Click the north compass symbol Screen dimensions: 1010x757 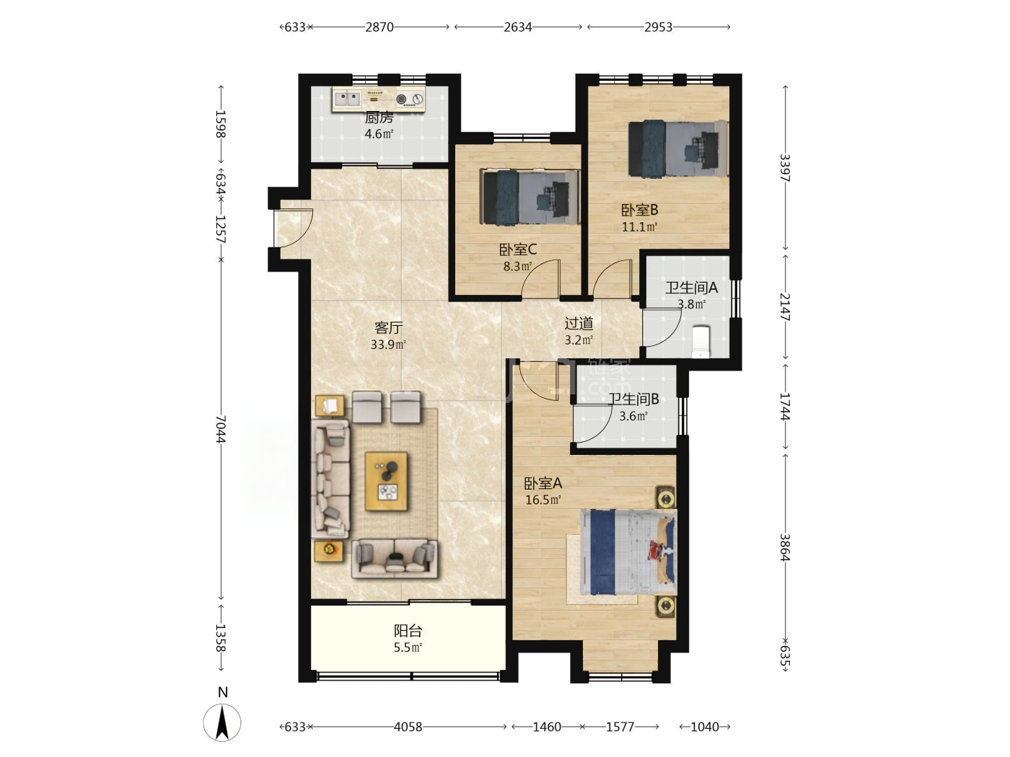pyautogui.click(x=222, y=722)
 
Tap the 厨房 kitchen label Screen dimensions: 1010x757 pyautogui.click(x=379, y=118)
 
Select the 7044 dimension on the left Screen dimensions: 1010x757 pyautogui.click(x=221, y=429)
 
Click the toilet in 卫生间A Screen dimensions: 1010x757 pyautogui.click(x=701, y=341)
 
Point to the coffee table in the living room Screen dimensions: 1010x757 pyautogui.click(x=386, y=481)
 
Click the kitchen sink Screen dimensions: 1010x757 pyautogui.click(x=348, y=99)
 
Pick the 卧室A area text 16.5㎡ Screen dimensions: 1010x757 pyautogui.click(x=543, y=500)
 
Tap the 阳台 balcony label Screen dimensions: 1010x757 pyautogui.click(x=408, y=630)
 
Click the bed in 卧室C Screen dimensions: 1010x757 pyautogui.click(x=530, y=197)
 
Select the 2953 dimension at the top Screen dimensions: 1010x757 pyautogui.click(x=658, y=27)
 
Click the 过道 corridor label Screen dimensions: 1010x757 pyautogui.click(x=579, y=324)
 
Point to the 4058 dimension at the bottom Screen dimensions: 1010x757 pyautogui.click(x=408, y=727)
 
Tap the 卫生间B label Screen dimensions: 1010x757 pyautogui.click(x=633, y=399)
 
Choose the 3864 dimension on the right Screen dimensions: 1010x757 pyautogui.click(x=785, y=547)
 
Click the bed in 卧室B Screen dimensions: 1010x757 pyautogui.click(x=678, y=148)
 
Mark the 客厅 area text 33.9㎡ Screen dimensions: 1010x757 pyautogui.click(x=388, y=345)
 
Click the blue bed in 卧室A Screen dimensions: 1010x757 pyautogui.click(x=628, y=552)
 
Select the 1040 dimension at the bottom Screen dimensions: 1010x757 pyautogui.click(x=705, y=727)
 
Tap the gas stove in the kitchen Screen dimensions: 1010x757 pyautogui.click(x=409, y=99)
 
